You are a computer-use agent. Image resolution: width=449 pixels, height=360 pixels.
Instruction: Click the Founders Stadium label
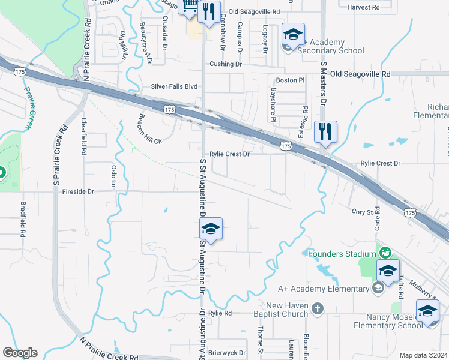(342, 254)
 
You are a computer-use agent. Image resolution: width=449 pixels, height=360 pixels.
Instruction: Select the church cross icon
(318, 310)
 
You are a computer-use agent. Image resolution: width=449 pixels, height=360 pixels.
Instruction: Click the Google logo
(20, 353)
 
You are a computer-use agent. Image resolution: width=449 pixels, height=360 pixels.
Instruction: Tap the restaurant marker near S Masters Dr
(325, 132)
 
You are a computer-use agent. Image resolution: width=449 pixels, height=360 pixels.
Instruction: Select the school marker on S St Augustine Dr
(211, 229)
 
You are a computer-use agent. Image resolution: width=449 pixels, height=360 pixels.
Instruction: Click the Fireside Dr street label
(74, 191)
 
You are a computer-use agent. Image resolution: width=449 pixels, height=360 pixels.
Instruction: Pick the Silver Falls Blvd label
(174, 86)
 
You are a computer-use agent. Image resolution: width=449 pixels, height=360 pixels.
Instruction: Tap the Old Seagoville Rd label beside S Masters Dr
(360, 74)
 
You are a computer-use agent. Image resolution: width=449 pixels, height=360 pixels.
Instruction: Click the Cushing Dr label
(225, 64)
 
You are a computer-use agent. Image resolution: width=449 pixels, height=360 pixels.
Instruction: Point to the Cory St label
(363, 211)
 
